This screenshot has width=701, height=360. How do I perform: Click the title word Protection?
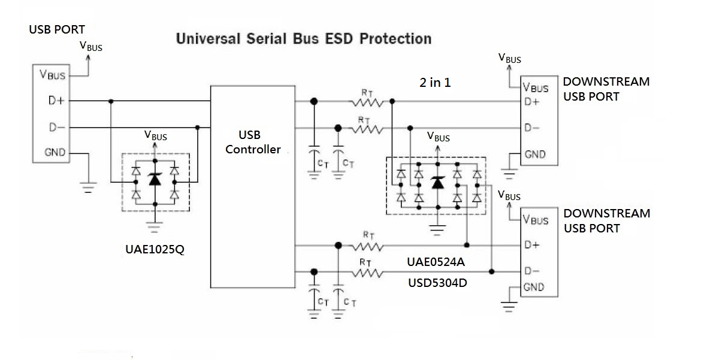pyautogui.click(x=395, y=40)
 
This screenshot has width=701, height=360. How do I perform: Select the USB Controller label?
pyautogui.click(x=253, y=143)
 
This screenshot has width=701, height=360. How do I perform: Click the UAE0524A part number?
pyautogui.click(x=436, y=262)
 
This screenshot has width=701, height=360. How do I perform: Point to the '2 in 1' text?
pyautogui.click(x=435, y=83)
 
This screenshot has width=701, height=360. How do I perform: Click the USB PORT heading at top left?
pyautogui.click(x=57, y=29)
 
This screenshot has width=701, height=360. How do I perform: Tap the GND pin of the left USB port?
pyautogui.click(x=55, y=153)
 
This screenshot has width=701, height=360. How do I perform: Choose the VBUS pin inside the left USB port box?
pyautogui.click(x=52, y=75)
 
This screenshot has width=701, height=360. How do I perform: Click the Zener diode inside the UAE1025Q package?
pyautogui.click(x=155, y=179)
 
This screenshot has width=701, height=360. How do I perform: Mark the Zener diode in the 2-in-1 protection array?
pyautogui.click(x=438, y=183)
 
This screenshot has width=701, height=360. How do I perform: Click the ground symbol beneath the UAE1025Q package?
pyautogui.click(x=155, y=227)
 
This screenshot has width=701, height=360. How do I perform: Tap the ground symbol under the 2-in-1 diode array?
pyautogui.click(x=438, y=229)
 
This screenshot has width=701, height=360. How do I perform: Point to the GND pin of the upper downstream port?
pyautogui.click(x=535, y=155)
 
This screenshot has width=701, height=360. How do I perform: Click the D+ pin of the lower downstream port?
pyautogui.click(x=531, y=245)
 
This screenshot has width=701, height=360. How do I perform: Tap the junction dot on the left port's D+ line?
pyautogui.click(x=111, y=101)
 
